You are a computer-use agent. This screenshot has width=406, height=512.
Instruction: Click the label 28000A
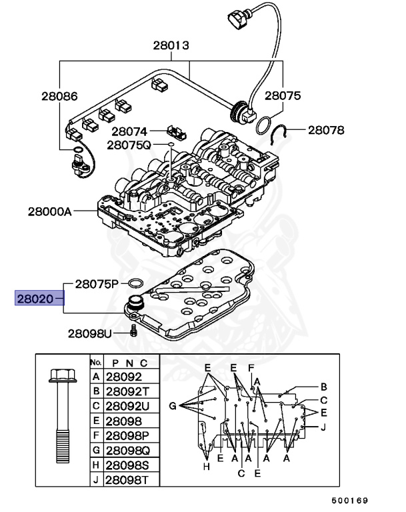pyautogui.click(x=50, y=211)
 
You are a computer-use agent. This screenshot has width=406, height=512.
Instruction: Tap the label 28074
pyautogui.click(x=129, y=131)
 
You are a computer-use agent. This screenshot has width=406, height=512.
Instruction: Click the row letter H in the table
pyautogui.click(x=96, y=464)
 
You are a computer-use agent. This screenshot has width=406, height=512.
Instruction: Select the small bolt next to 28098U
pyautogui.click(x=133, y=331)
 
